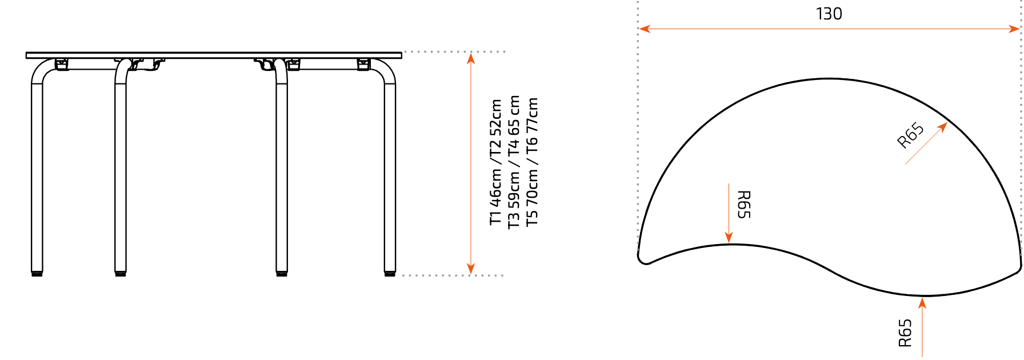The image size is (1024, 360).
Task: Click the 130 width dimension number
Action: click(829, 14)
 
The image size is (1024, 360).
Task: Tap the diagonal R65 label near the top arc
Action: click(910, 135)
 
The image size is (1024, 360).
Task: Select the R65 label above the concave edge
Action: click(743, 205)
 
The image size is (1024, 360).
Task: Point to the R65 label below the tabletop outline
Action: click(905, 333)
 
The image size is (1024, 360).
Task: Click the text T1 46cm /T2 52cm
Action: click(496, 162)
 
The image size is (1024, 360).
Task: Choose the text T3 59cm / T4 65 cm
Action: click(514, 162)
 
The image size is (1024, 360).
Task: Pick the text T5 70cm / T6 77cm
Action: click(532, 162)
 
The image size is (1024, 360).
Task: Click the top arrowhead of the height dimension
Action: click(471, 58)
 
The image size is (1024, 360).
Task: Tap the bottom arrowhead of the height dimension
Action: click(471, 269)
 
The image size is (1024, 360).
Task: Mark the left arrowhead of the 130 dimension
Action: click(645, 29)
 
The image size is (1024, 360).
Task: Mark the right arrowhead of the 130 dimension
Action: click(1014, 29)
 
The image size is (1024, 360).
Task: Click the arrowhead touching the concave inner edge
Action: click(729, 238)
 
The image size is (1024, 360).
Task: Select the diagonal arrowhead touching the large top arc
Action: click(942, 127)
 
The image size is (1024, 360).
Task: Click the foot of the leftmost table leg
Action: click(37, 274)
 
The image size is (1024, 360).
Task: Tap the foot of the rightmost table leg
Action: click(390, 274)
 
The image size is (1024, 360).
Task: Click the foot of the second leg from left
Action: click(121, 274)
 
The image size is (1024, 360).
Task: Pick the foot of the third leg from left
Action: click(282, 274)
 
